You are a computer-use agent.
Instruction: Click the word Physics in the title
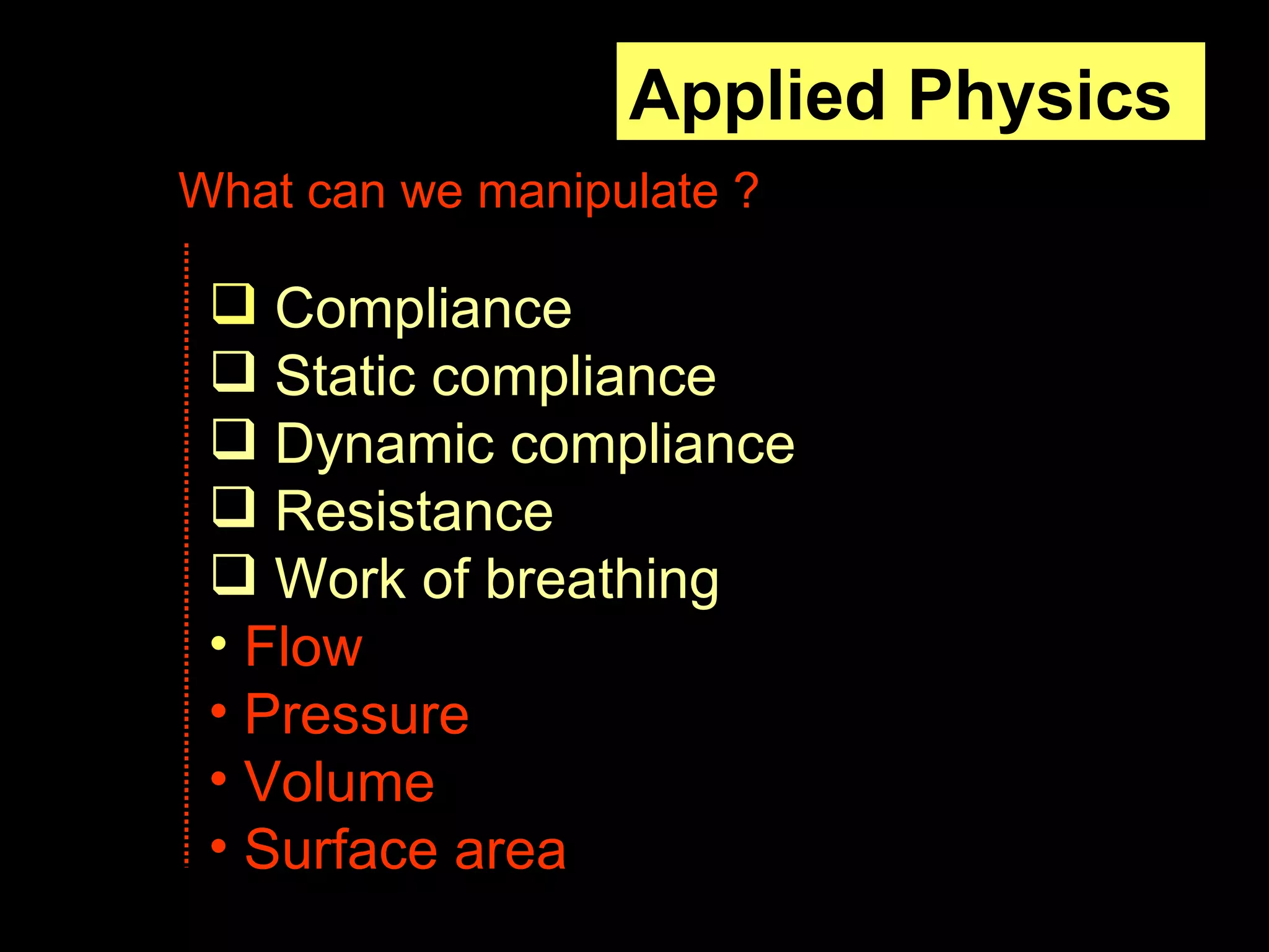1039,96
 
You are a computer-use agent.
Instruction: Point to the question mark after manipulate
748,191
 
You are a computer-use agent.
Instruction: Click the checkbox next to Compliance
234,304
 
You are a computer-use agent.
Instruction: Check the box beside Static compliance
234,371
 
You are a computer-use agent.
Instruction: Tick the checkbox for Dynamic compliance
234,439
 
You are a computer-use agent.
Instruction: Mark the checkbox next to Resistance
234,506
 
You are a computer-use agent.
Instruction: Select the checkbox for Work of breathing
234,574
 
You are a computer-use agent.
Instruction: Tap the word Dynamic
384,444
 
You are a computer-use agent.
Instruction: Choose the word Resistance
414,511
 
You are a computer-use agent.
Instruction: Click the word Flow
304,646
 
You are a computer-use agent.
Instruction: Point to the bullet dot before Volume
219,778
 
